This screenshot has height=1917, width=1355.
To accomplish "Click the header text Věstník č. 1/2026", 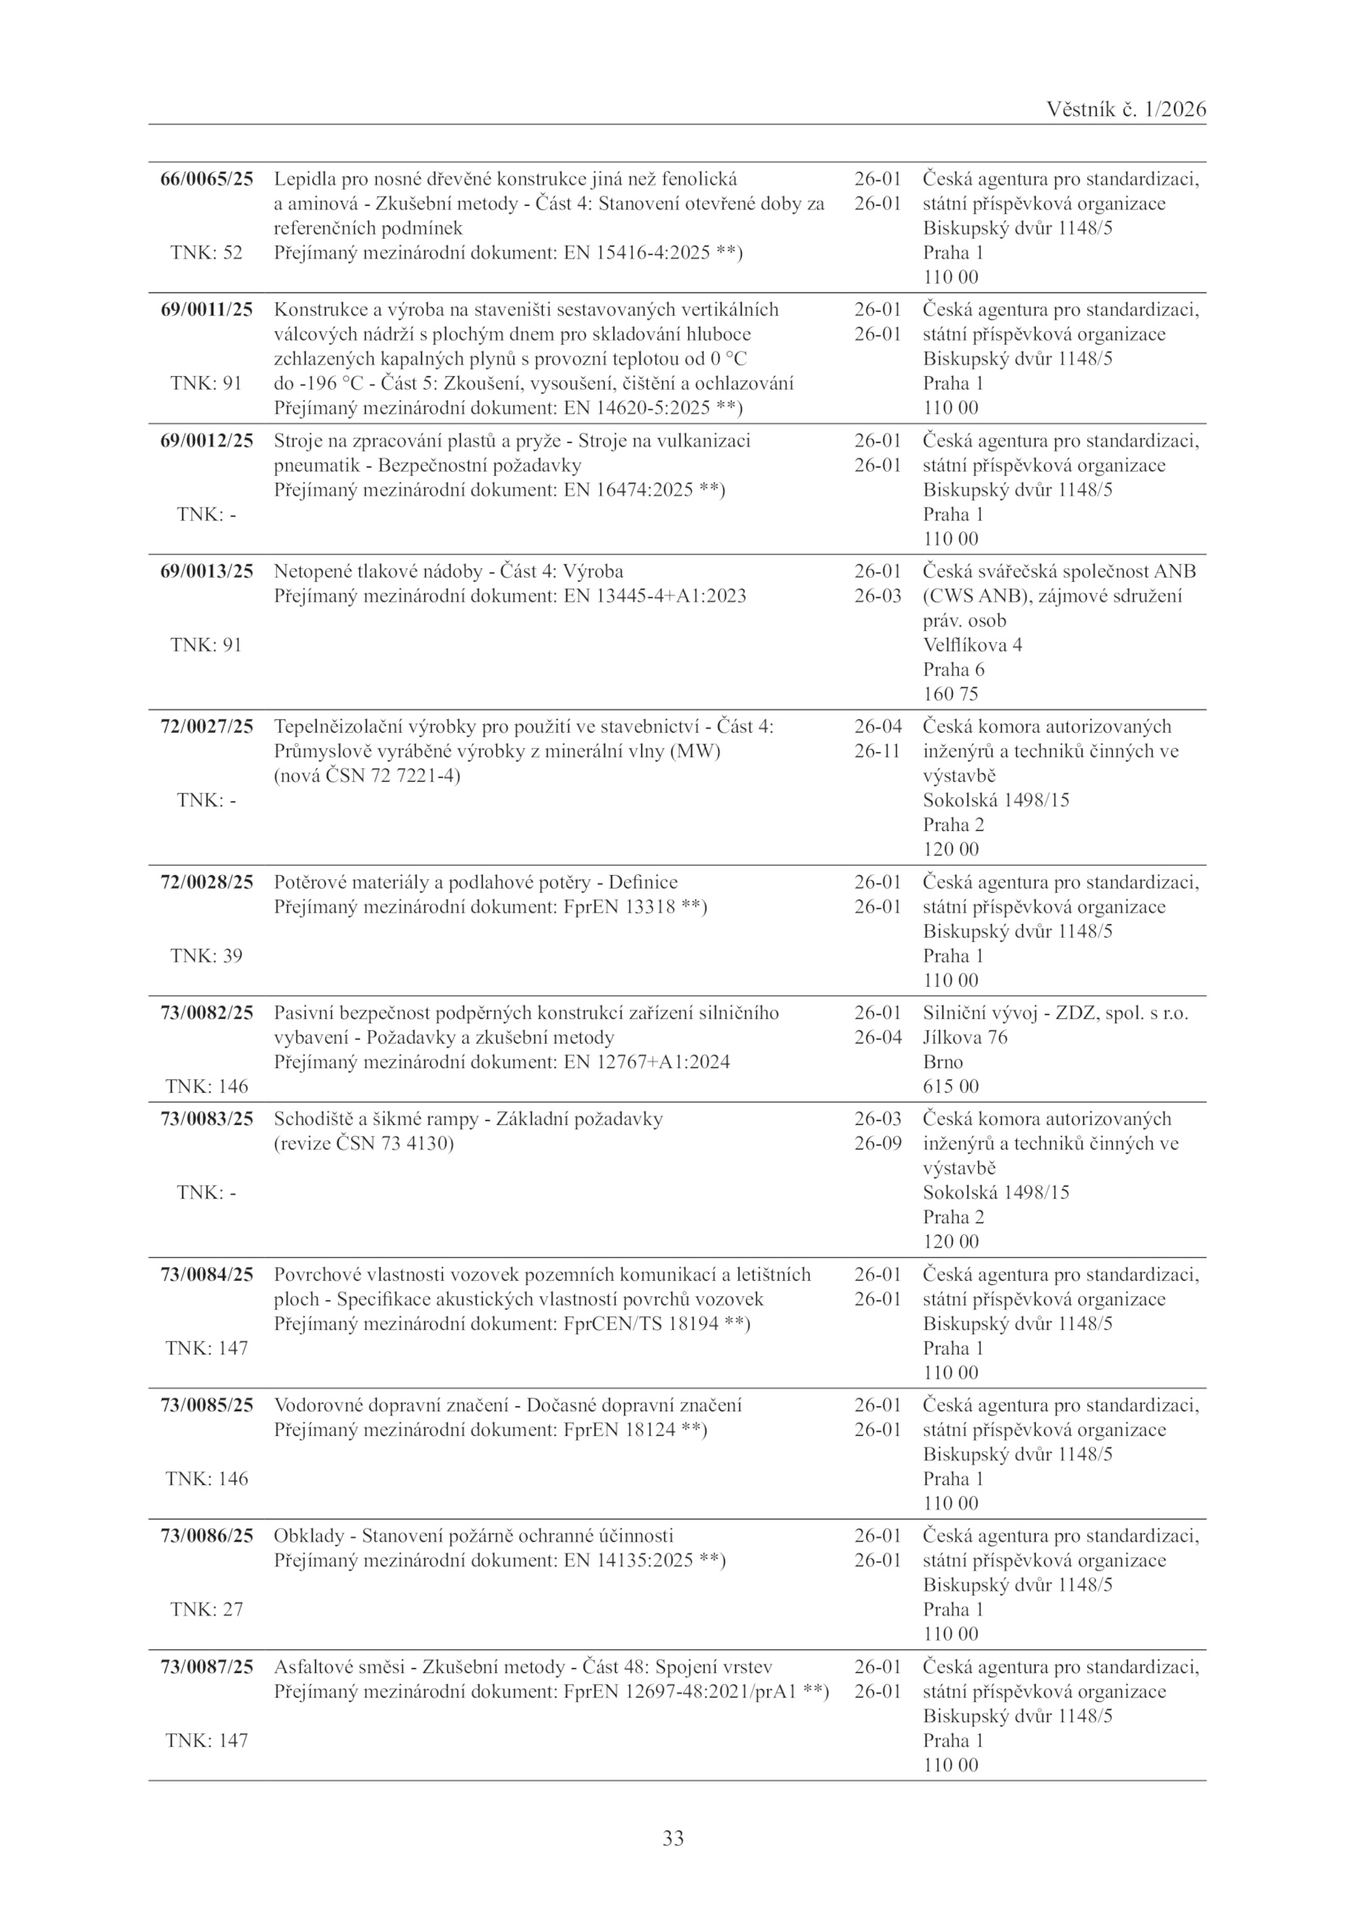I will [x=1125, y=109].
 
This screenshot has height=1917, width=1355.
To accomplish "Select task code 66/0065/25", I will [x=207, y=179].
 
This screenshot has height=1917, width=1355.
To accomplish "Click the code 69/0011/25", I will [x=207, y=309].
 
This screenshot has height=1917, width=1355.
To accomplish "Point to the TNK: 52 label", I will [x=207, y=252].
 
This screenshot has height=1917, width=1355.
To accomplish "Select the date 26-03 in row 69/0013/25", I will [x=877, y=596].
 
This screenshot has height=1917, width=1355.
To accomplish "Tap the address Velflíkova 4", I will [x=972, y=645].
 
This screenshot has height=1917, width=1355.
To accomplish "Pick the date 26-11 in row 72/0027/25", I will [x=877, y=751].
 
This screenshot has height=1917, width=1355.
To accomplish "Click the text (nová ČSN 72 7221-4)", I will [x=368, y=775].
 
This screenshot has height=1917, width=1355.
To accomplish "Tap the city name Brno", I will [x=943, y=1061].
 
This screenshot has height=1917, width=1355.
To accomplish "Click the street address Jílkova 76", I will [x=965, y=1037].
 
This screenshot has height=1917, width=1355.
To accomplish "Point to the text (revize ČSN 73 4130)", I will [x=364, y=1144].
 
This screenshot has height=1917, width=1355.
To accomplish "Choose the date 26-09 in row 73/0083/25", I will [x=877, y=1144].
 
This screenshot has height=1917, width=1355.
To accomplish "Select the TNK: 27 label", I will [x=207, y=1610].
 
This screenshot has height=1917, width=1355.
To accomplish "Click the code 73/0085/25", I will [x=207, y=1405].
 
